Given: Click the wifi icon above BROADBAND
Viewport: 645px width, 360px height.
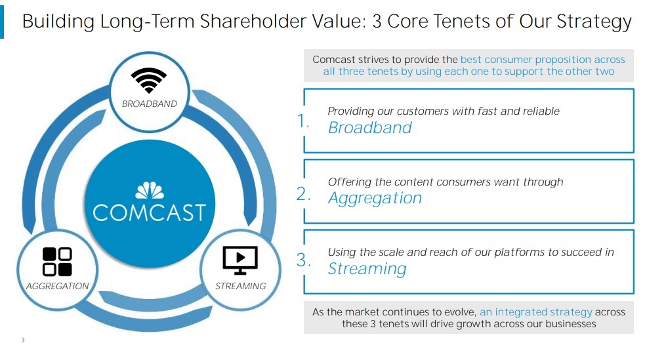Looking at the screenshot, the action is click(149, 80).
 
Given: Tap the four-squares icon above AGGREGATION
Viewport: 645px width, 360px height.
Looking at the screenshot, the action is click(57, 262).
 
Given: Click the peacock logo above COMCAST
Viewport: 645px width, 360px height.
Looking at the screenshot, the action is click(150, 190).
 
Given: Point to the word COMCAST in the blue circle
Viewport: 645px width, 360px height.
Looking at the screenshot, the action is click(150, 212).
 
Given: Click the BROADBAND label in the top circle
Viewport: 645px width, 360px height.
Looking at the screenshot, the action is click(150, 104).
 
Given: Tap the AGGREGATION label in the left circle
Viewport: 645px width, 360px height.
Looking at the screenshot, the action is click(57, 286).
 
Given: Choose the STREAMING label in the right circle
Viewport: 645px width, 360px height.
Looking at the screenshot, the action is click(241, 286).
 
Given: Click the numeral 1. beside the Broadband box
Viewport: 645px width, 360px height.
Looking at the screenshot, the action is click(302, 121).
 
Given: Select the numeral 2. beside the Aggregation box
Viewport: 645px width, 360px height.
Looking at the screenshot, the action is click(303, 193).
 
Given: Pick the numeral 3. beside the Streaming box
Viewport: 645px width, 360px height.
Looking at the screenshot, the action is click(303, 260).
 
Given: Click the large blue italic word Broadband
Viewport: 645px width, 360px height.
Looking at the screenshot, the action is click(370, 128).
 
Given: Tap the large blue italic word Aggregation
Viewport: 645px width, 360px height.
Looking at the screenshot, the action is click(375, 199).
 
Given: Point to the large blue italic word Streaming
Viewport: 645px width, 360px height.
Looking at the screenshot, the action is click(367, 269).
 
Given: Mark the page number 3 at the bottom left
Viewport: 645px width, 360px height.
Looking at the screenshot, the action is click(23, 340).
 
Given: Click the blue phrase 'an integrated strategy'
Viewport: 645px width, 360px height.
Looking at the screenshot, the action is click(535, 312).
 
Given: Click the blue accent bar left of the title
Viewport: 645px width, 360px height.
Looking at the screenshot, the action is click(2, 22).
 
